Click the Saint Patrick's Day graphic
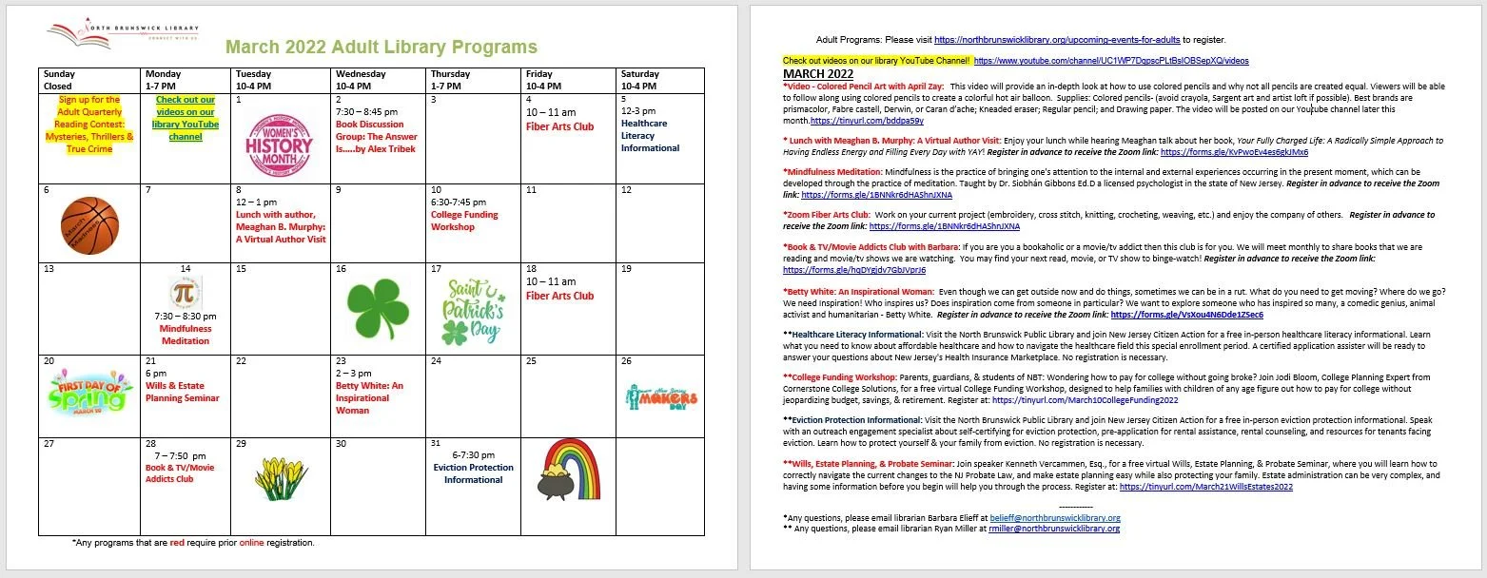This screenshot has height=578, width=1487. point(473,310)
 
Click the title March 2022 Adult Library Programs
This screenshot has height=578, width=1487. point(382,48)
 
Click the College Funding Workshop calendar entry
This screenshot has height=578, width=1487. point(464,221)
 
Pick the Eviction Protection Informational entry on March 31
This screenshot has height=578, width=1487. point(473,473)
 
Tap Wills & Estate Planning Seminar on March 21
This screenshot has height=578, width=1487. point(182,392)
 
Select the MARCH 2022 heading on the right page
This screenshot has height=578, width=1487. point(817,73)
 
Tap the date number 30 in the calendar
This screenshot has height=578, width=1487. point(341,444)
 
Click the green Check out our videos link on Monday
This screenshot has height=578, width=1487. point(186,118)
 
